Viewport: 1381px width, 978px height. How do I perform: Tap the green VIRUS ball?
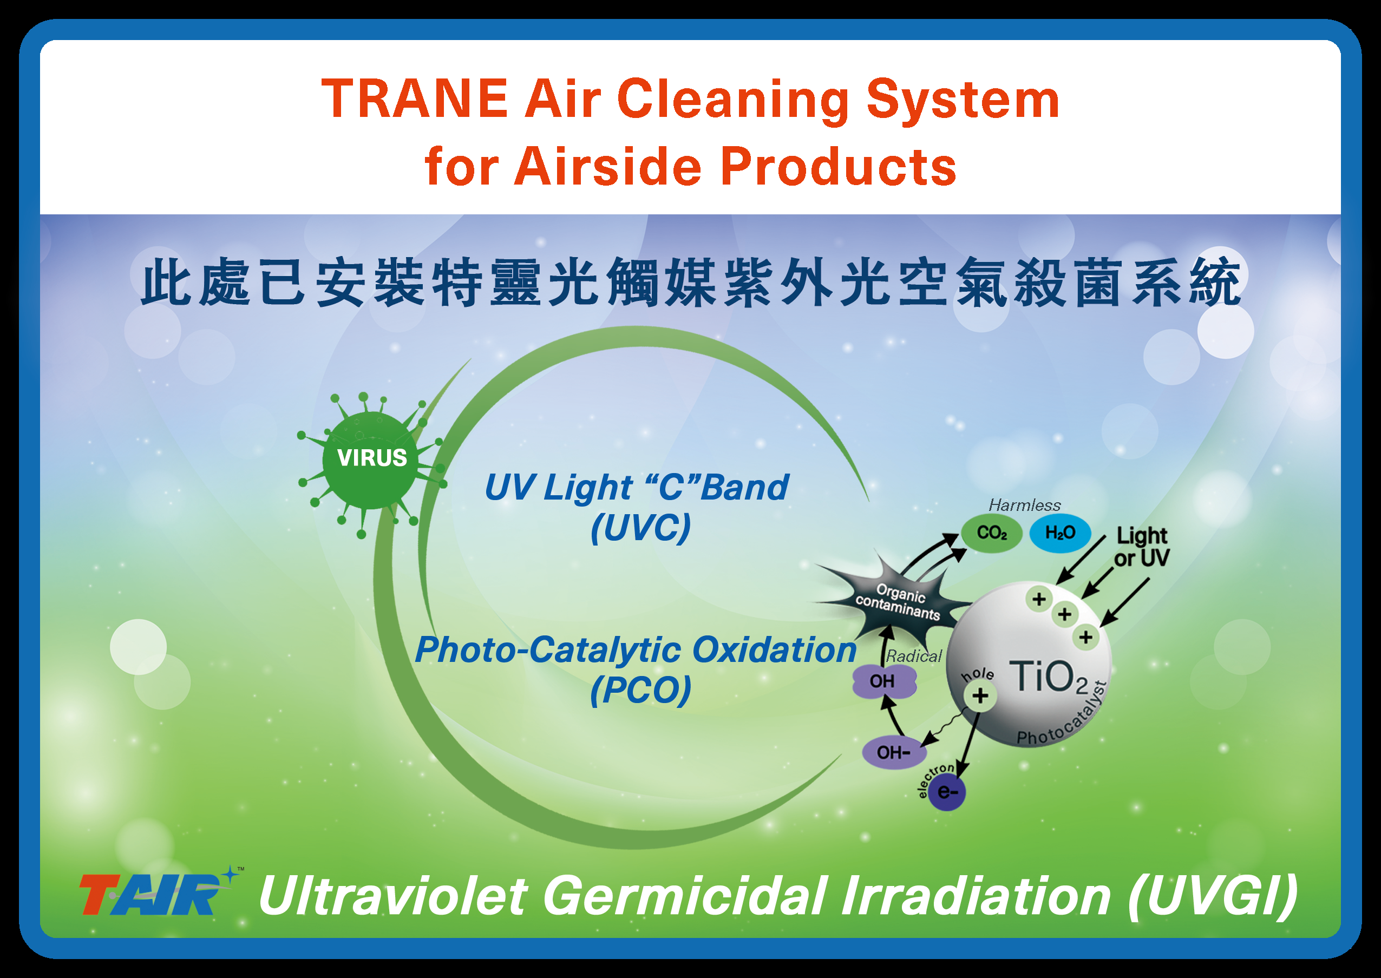(x=371, y=461)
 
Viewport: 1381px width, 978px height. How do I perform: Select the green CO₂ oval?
(x=991, y=533)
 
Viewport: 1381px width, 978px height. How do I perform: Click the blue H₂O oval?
(x=1060, y=533)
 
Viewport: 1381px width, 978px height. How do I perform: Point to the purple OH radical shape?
(x=884, y=681)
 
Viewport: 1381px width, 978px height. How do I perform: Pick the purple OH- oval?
(x=894, y=752)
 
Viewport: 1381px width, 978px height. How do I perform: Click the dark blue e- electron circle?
(x=947, y=791)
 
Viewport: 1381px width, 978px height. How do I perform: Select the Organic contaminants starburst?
(x=898, y=602)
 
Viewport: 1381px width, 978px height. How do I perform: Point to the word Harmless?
(x=1024, y=506)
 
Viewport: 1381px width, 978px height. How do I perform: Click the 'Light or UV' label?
(x=1141, y=547)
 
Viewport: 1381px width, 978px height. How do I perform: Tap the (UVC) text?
(x=640, y=528)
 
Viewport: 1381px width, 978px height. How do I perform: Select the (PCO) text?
(x=640, y=690)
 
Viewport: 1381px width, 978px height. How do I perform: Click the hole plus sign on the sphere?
(x=980, y=695)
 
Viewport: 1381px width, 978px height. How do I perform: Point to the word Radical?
(x=914, y=657)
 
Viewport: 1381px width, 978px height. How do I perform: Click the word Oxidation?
(x=774, y=651)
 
